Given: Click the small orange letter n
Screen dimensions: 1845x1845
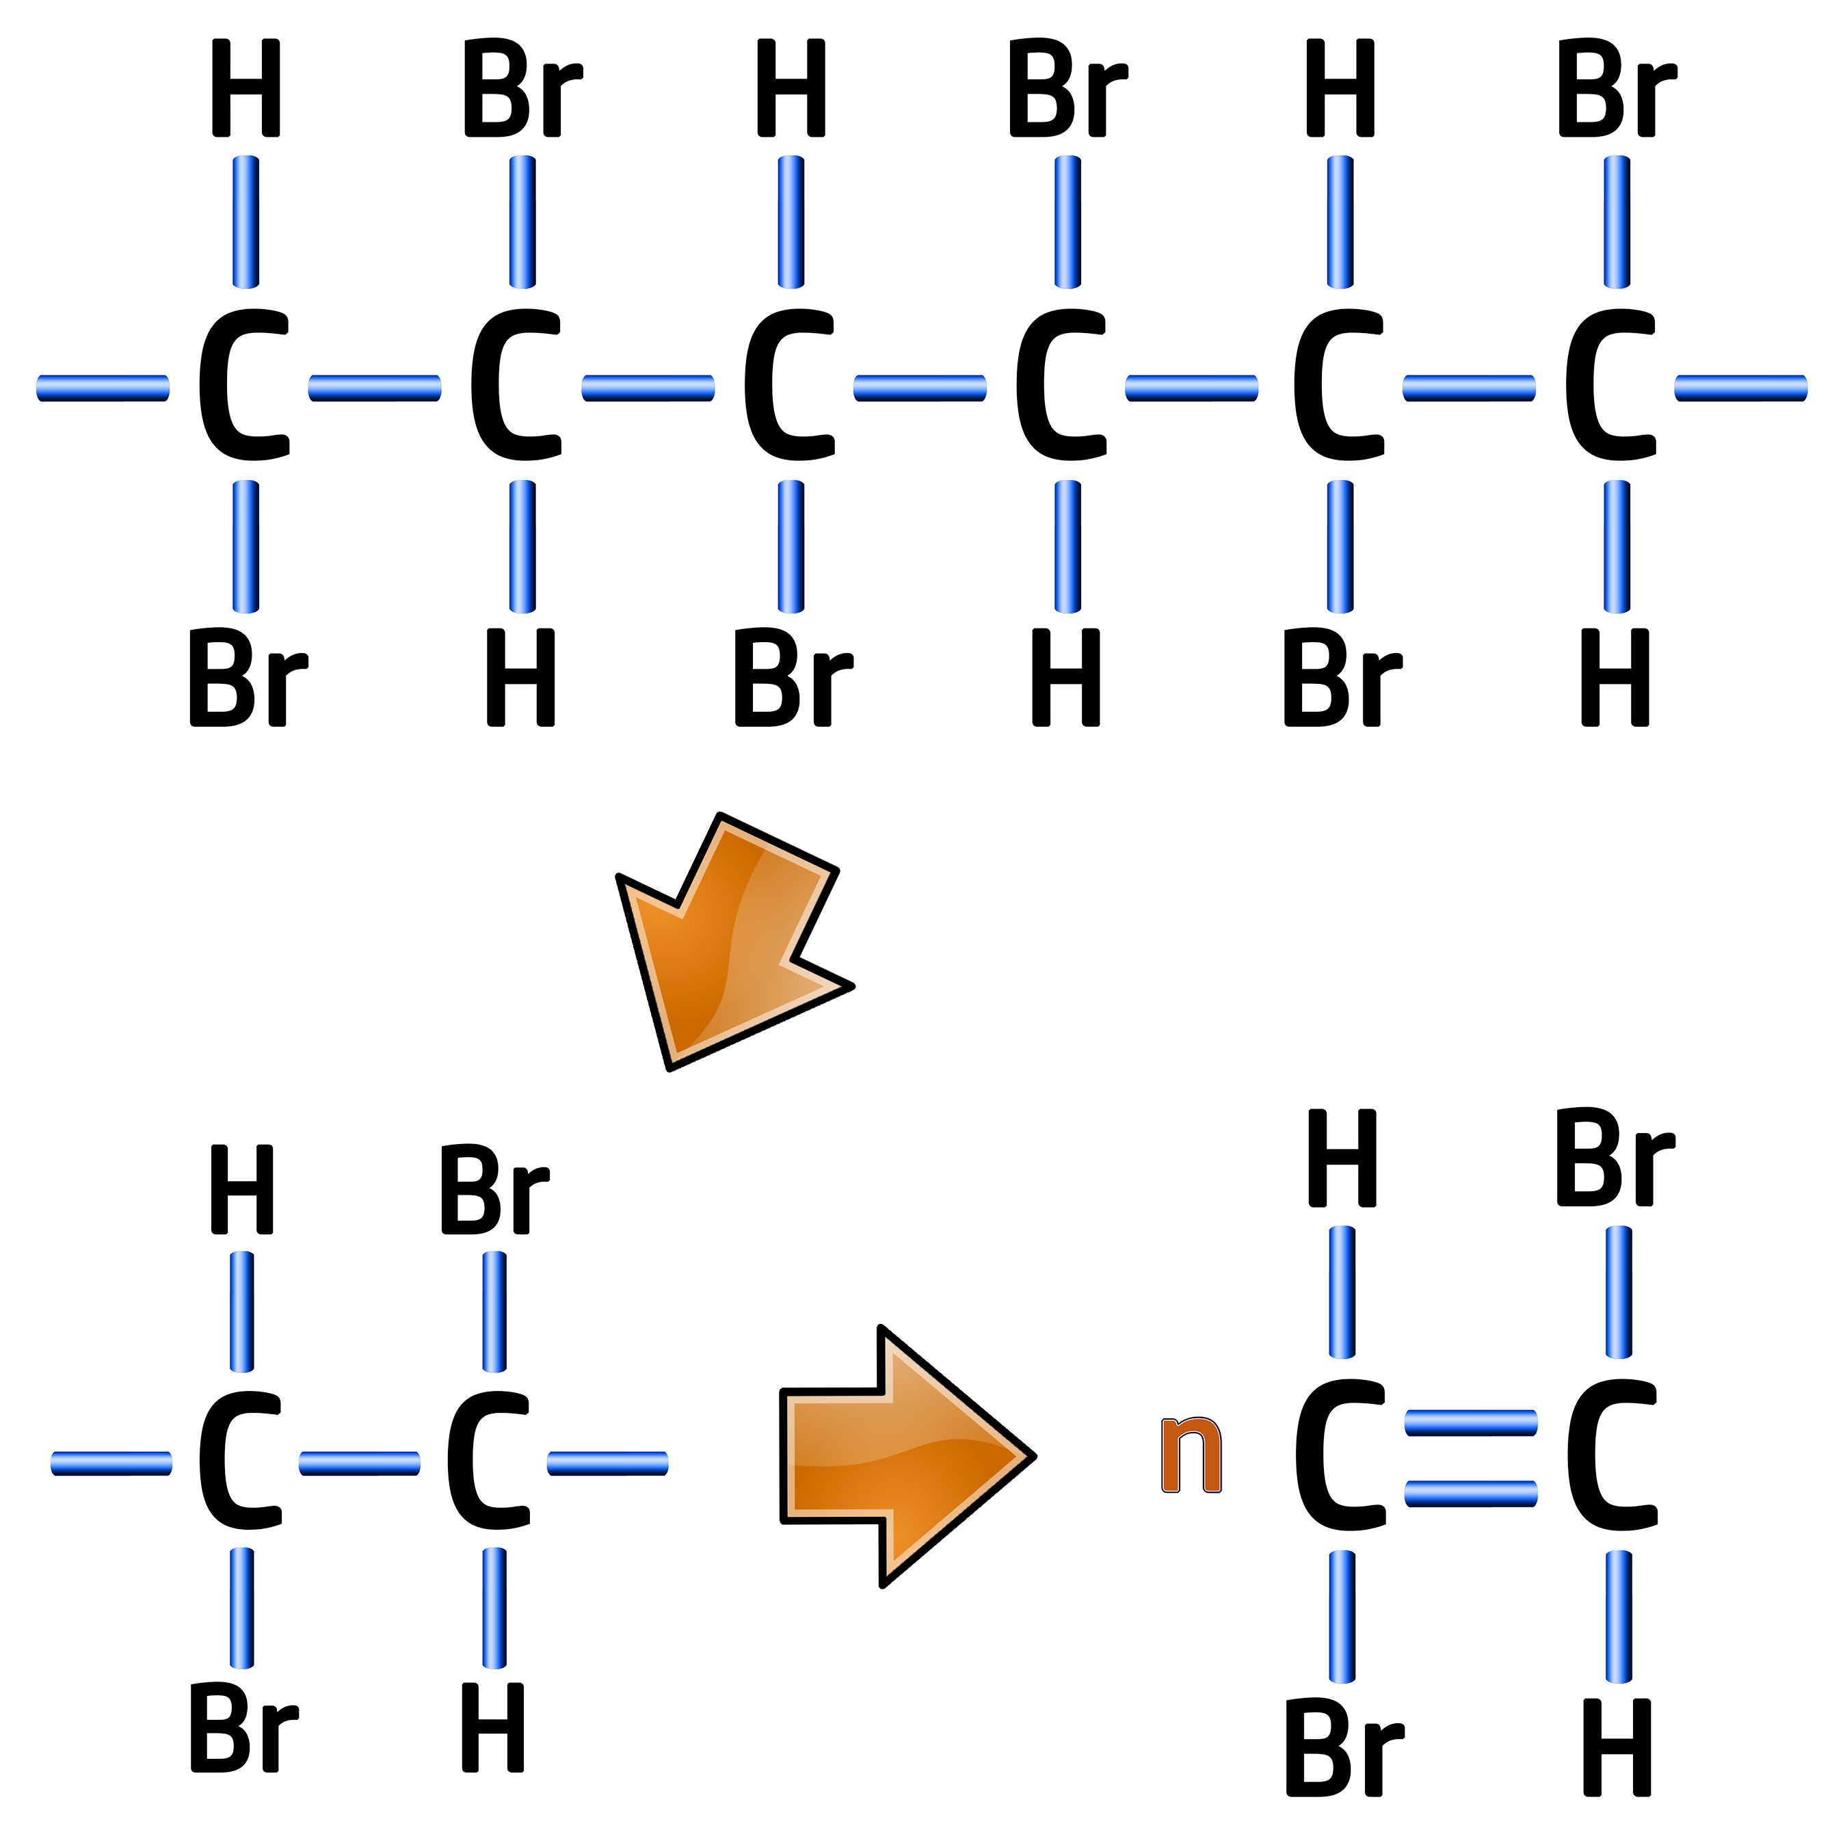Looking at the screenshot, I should (1191, 1455).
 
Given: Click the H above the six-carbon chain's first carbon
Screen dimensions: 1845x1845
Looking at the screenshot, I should (245, 88).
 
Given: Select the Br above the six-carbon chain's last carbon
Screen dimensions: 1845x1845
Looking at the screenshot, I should (1616, 88).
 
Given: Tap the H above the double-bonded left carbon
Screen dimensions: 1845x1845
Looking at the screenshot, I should (1342, 1158).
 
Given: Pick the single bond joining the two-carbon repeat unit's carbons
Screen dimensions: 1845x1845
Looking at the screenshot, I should (360, 1463).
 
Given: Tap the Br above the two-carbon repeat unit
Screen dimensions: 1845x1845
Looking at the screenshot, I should (494, 1190).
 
